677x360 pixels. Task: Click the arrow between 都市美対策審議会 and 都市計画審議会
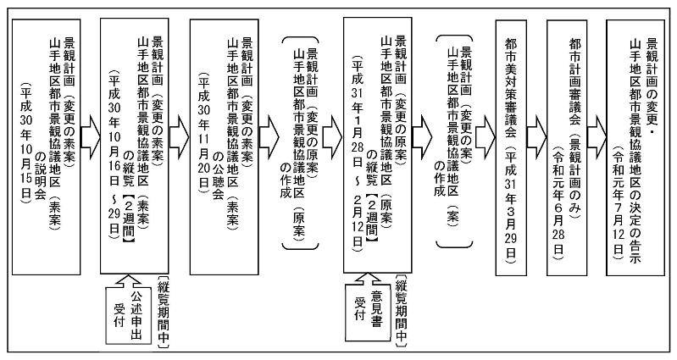point(537,136)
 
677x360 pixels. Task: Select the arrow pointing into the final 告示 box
point(597,136)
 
